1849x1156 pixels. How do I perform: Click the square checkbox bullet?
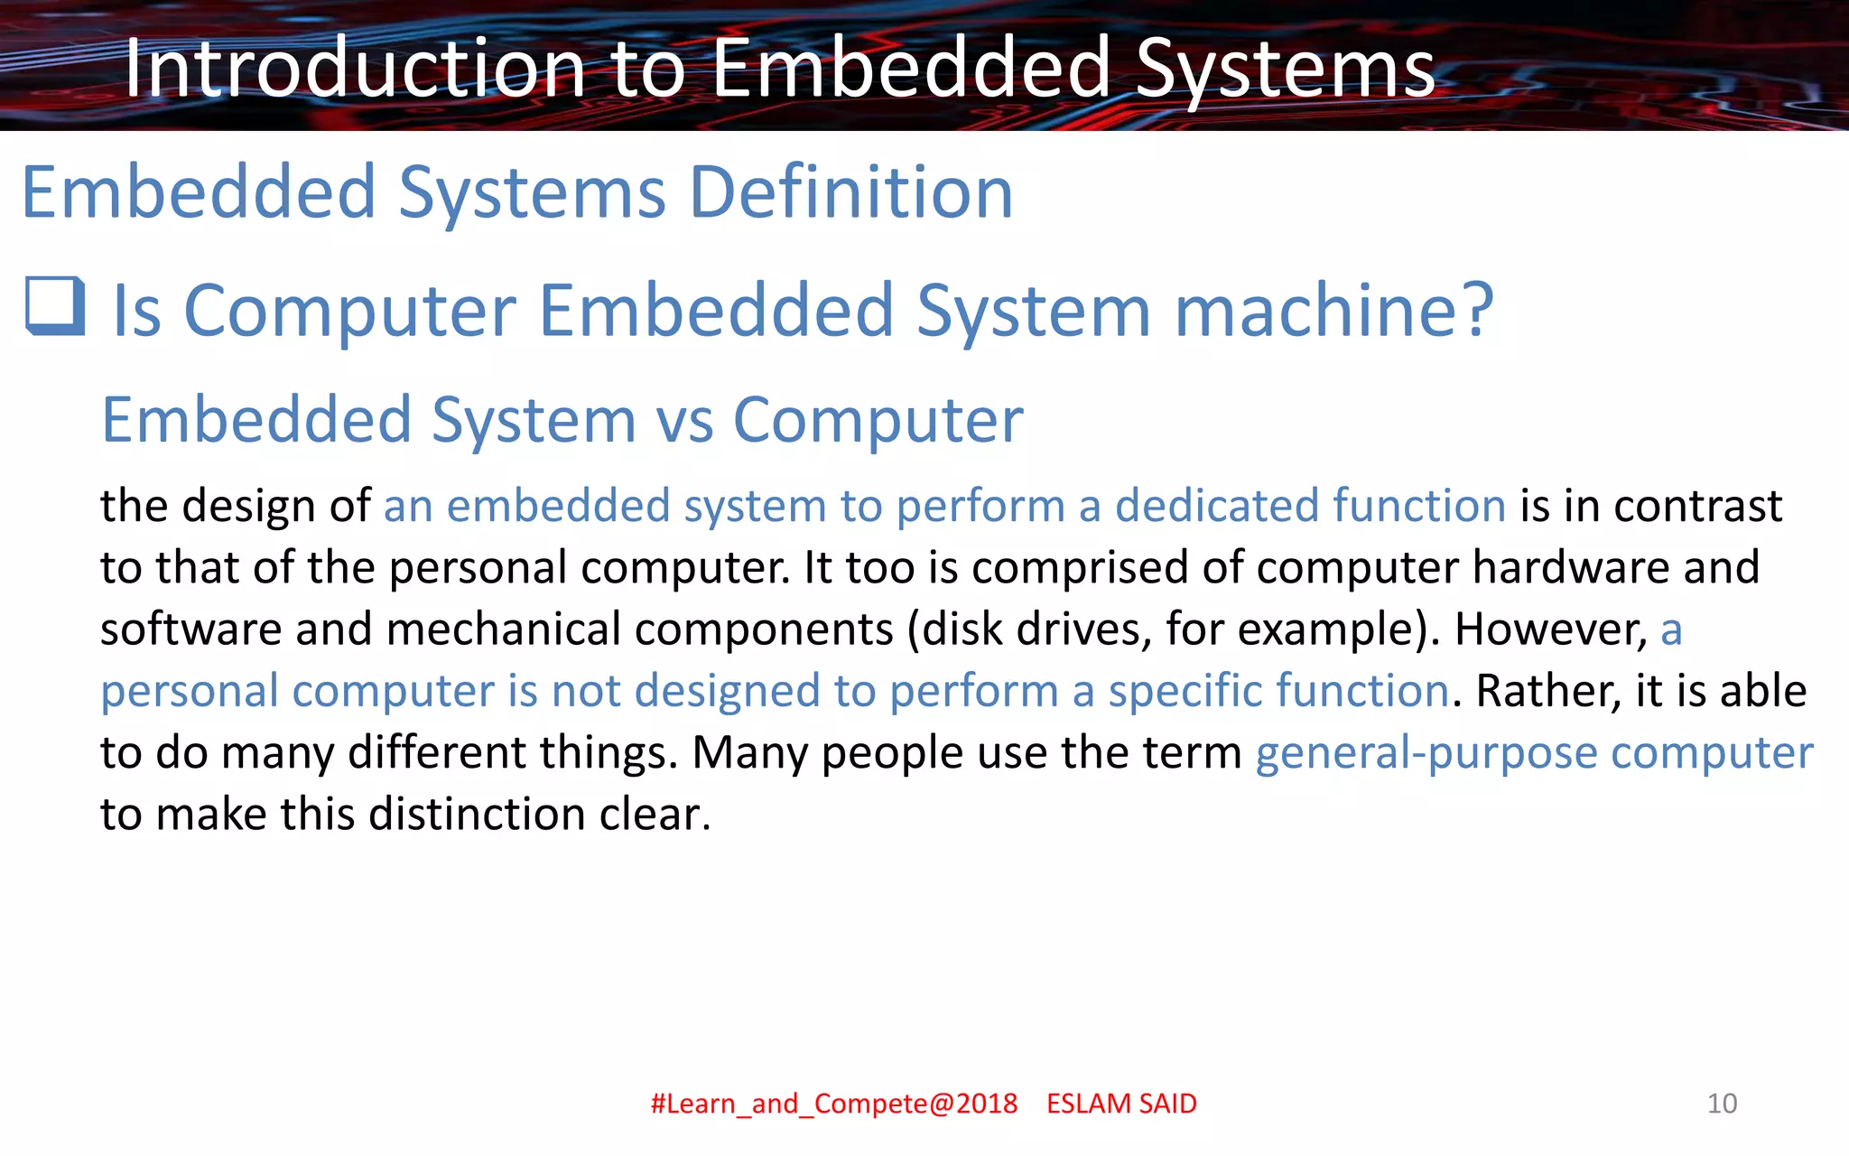tap(55, 307)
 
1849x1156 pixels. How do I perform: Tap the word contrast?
tap(1697, 506)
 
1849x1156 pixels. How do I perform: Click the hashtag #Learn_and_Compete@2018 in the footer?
tap(833, 1104)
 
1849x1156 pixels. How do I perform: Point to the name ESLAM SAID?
tap(1121, 1104)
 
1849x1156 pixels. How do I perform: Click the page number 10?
tap(1722, 1104)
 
